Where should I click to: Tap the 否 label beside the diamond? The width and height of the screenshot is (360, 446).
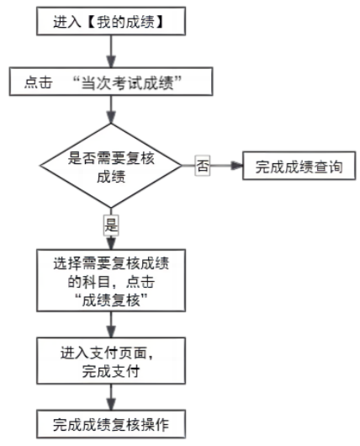tap(202, 166)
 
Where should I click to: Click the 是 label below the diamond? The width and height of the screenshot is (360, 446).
tap(110, 224)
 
